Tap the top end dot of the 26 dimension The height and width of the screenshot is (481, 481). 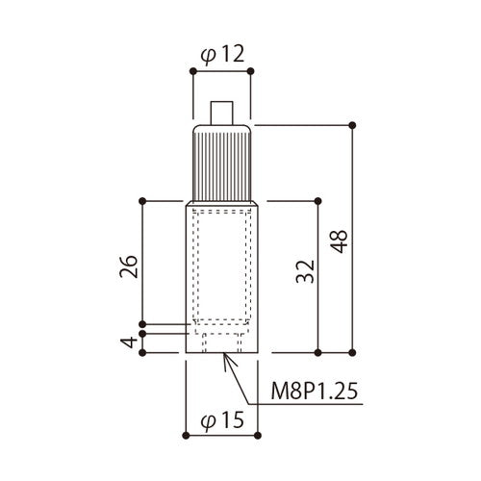pyautogui.click(x=142, y=200)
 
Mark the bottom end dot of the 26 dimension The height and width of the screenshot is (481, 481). pyautogui.click(x=142, y=323)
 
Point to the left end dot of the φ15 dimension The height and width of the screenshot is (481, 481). pyautogui.click(x=186, y=434)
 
